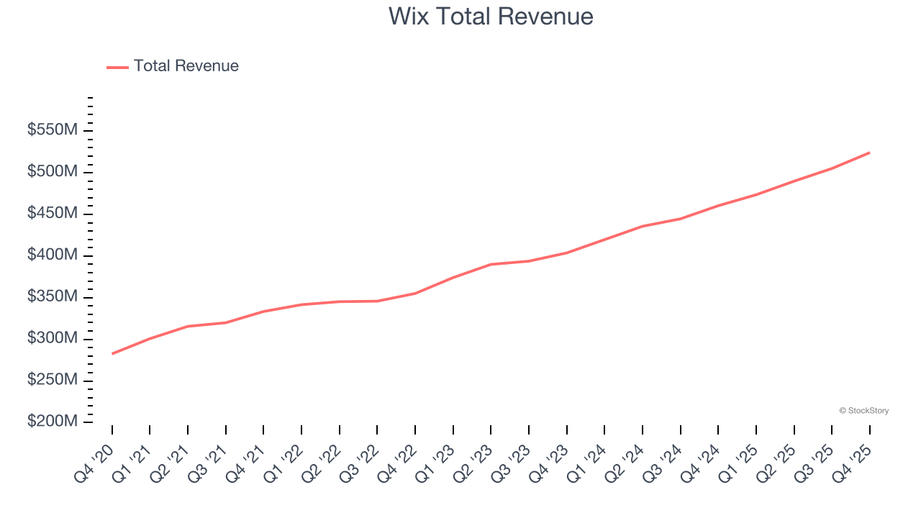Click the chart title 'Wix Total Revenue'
tap(491, 16)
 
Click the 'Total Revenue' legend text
tap(186, 66)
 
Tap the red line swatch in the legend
tap(117, 67)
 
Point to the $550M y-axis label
tap(52, 130)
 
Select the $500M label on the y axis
tap(52, 172)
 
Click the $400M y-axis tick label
tap(52, 255)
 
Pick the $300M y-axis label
tap(52, 338)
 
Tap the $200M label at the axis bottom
tap(52, 422)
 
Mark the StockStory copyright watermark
tap(863, 411)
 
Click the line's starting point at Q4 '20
tap(112, 354)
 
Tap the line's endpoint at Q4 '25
tap(869, 153)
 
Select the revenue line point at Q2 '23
tap(491, 264)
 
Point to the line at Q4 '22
tap(415, 293)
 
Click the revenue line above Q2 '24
tap(643, 226)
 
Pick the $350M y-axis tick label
tap(52, 296)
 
